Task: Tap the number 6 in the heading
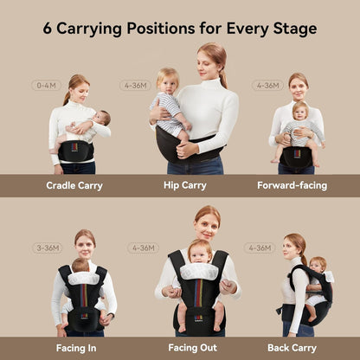pyautogui.click(x=48, y=28)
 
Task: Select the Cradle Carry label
pyautogui.click(x=74, y=185)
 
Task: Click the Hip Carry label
pyautogui.click(x=183, y=185)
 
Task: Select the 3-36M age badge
pyautogui.click(x=47, y=247)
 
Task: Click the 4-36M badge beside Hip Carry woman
pyautogui.click(x=135, y=86)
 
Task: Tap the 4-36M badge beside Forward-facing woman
pyautogui.click(x=267, y=86)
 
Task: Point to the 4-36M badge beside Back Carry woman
pyautogui.click(x=259, y=247)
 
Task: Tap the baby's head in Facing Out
pyautogui.click(x=200, y=252)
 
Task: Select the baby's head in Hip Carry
pyautogui.click(x=168, y=80)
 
